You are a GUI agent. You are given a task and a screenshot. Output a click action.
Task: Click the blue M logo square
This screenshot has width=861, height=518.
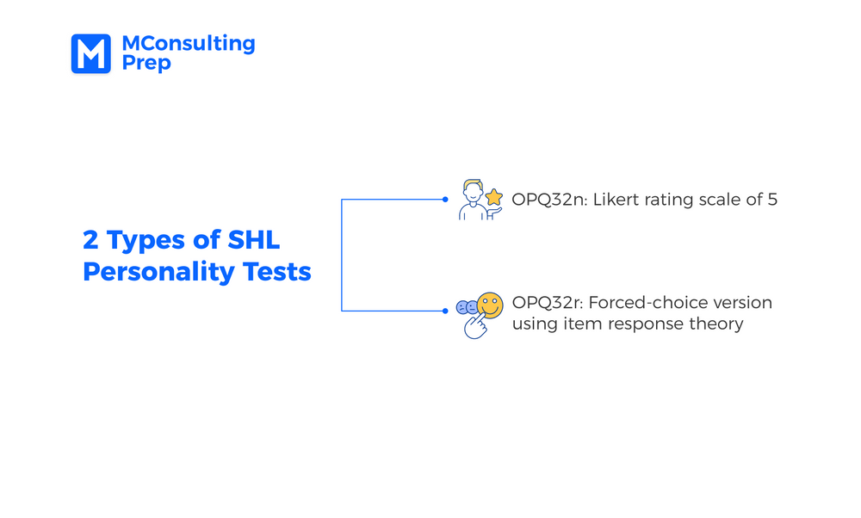point(90,53)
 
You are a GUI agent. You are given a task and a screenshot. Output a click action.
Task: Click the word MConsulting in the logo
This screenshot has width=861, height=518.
point(189,44)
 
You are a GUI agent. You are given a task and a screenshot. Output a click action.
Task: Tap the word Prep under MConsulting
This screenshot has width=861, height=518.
point(146,63)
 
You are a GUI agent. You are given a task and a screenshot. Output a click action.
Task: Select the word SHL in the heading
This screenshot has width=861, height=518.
point(253,240)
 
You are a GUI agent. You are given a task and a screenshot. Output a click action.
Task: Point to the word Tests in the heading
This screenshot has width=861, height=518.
point(276,272)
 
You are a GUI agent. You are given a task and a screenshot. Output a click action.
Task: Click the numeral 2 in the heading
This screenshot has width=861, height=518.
point(90,240)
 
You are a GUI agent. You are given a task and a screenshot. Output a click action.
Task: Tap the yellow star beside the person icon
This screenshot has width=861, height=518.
point(493,197)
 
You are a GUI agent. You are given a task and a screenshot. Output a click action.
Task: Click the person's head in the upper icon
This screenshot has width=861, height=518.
point(472,191)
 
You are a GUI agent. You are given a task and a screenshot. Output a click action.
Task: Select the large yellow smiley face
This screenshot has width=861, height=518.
point(490,305)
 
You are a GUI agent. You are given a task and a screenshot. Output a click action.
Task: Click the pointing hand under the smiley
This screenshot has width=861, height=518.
point(476,326)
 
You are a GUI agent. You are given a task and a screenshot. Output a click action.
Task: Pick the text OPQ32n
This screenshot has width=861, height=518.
point(549,199)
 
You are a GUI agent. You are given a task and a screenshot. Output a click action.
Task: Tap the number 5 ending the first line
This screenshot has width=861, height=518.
point(772,199)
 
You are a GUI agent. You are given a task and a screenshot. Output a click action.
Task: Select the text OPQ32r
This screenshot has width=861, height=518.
point(548,302)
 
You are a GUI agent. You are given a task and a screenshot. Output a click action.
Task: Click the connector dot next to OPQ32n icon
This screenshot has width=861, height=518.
point(445,199)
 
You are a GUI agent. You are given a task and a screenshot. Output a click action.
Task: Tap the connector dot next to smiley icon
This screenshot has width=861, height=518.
point(445,311)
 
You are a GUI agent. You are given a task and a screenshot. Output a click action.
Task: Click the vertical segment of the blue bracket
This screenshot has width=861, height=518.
point(342,256)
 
